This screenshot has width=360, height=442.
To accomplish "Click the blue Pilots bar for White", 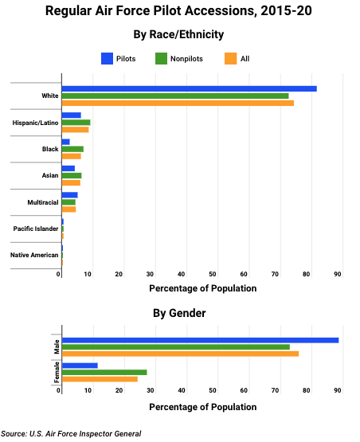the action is tap(190, 88).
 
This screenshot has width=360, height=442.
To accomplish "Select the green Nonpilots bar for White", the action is tap(175, 96).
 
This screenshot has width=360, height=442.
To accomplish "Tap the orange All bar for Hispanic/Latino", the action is tap(76, 130).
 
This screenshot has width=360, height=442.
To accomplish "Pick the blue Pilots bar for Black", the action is tap(65, 142).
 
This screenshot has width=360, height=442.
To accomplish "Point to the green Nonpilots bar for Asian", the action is tap(72, 176).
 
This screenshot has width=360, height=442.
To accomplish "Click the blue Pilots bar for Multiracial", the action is tap(69, 195).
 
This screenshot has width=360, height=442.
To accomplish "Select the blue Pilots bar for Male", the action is tap(201, 340).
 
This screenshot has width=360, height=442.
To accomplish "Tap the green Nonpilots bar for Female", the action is tap(104, 373).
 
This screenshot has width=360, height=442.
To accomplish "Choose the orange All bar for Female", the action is tap(100, 379).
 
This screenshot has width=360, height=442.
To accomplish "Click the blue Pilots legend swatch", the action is tap(108, 59).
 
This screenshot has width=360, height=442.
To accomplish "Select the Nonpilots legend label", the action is tap(186, 59).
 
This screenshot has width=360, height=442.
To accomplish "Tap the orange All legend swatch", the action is tap(231, 59).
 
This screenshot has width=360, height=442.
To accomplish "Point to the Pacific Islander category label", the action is tap(36, 229).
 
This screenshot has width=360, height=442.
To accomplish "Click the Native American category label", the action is tap(34, 255).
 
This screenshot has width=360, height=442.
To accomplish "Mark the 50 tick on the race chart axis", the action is tap(213, 274).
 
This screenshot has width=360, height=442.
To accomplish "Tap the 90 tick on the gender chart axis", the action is tap(338, 390).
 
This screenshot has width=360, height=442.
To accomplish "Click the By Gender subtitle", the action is tap(179, 313).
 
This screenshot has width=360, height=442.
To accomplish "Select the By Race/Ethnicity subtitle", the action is tap(178, 34).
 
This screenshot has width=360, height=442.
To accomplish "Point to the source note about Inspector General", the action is tap(71, 433).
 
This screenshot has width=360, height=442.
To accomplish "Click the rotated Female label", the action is tap(57, 373).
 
